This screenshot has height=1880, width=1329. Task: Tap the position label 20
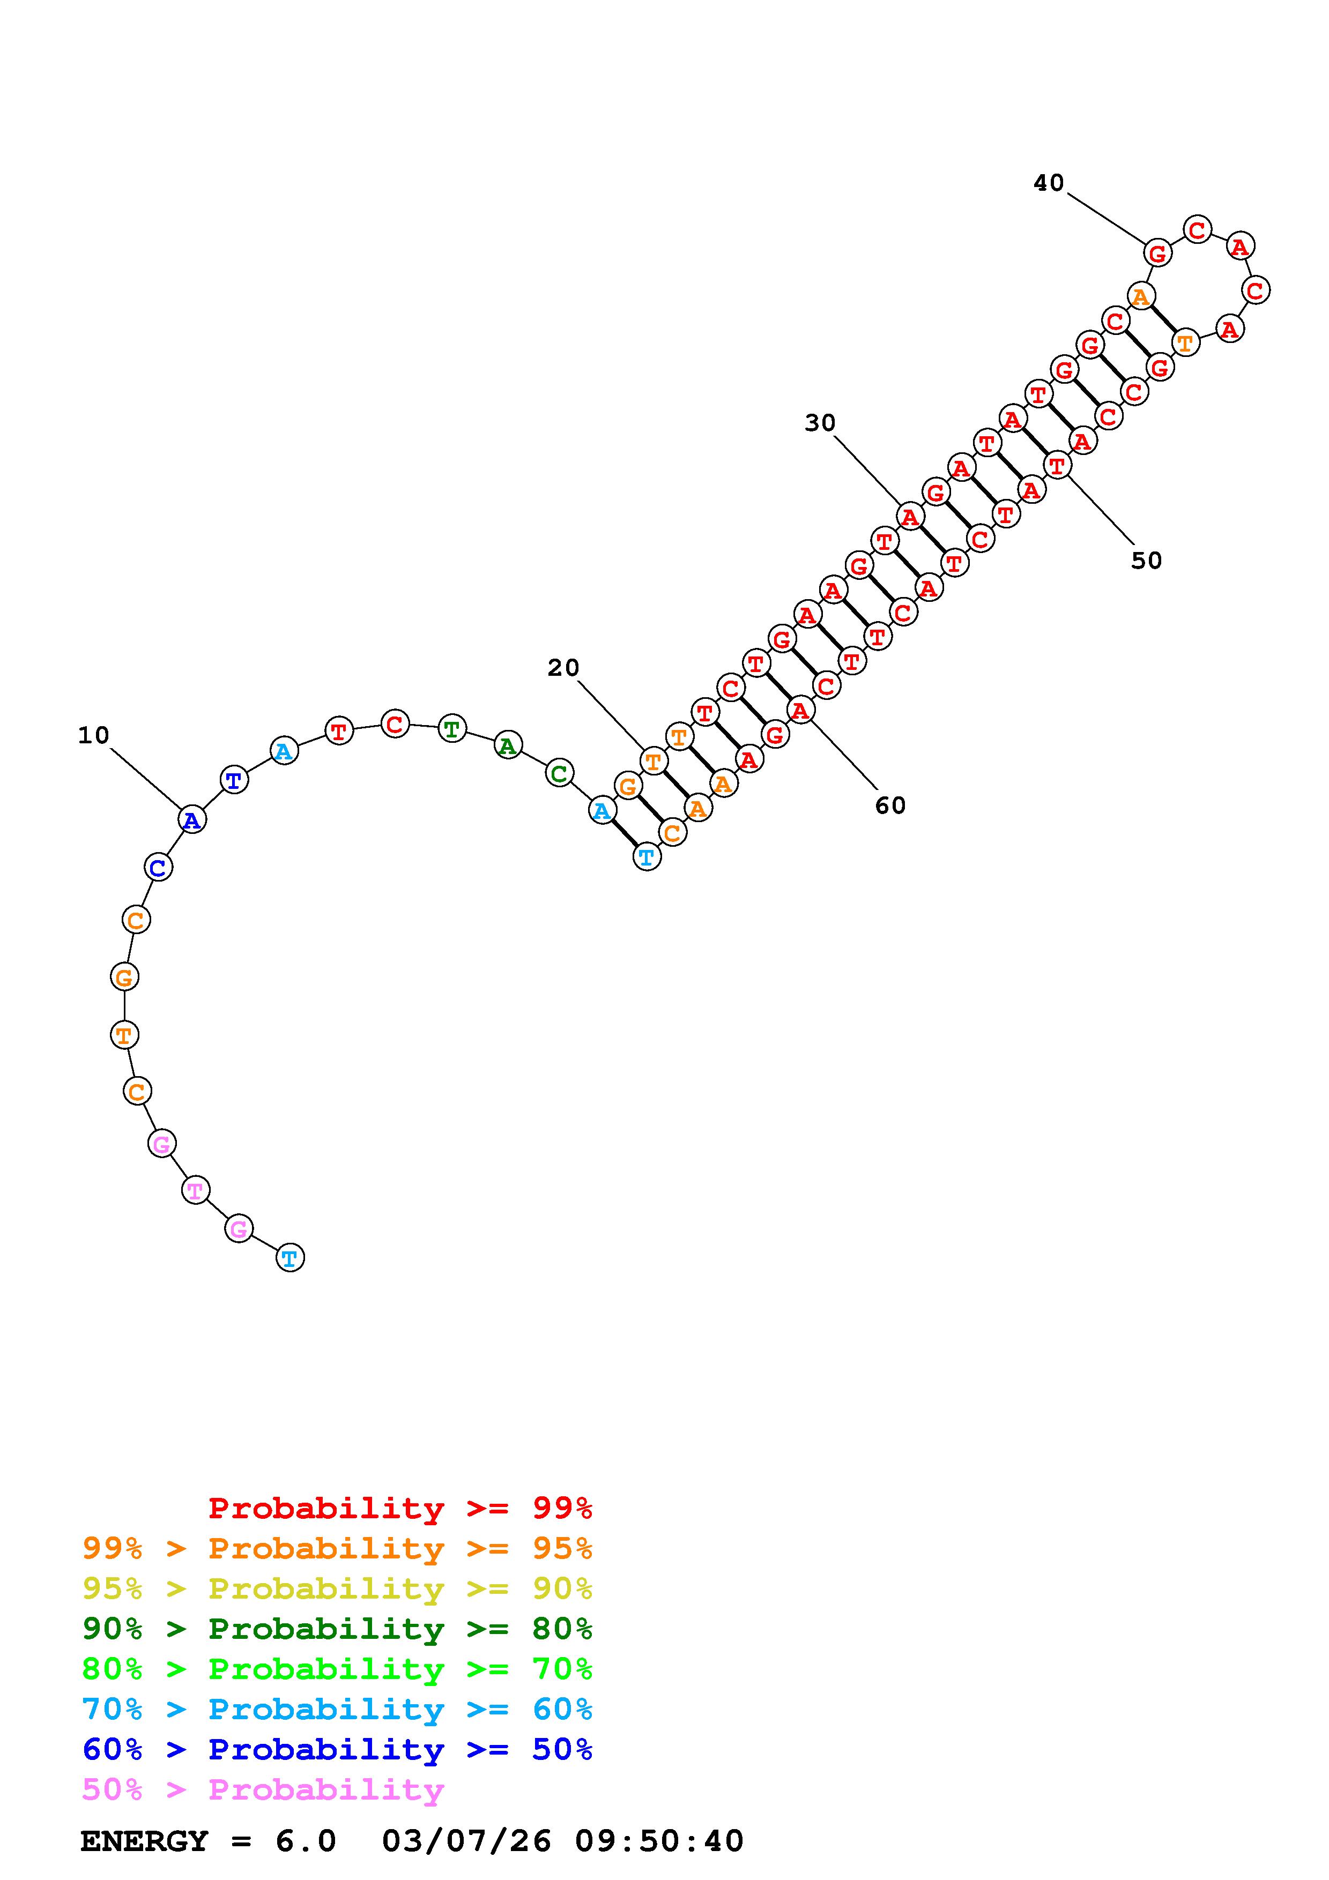coord(563,668)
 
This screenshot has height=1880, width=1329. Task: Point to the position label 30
coord(820,423)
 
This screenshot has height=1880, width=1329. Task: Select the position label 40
coord(1048,183)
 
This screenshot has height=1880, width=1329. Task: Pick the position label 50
coord(1146,561)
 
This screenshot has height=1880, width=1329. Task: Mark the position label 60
coord(890,805)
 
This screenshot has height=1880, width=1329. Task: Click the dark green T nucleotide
coord(451,728)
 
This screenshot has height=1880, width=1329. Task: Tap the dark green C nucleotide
coord(559,773)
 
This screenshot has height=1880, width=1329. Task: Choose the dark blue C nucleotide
coord(158,866)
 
